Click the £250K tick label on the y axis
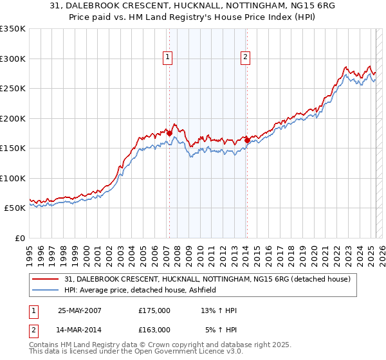click(13, 89)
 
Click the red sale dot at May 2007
click(169, 134)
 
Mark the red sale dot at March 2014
click(247, 139)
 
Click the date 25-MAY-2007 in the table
click(79, 310)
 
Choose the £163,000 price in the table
click(154, 330)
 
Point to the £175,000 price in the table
click(154, 310)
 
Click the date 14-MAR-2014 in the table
click(79, 330)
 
